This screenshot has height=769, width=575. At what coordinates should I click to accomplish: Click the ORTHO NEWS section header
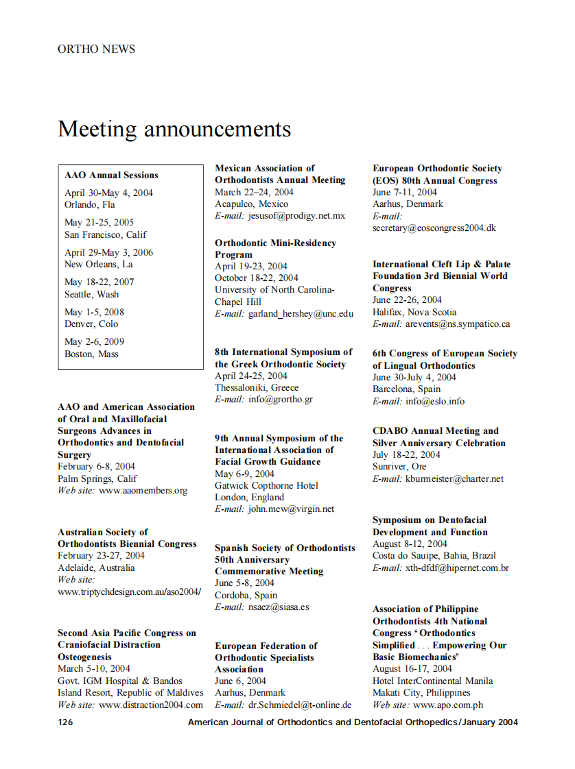97,49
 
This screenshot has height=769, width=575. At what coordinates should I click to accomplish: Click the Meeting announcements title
174,129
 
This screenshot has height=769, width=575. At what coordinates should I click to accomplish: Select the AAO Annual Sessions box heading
111,175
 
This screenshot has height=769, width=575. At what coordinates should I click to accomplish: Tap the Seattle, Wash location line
91,294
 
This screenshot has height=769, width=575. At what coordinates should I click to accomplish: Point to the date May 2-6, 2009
95,341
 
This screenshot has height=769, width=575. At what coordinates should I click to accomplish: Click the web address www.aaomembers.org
143,491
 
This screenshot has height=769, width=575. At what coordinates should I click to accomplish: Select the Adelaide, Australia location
96,567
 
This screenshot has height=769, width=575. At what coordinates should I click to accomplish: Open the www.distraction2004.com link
151,705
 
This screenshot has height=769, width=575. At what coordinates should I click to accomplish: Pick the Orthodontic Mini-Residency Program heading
275,249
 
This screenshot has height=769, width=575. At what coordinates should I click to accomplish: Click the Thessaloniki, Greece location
257,387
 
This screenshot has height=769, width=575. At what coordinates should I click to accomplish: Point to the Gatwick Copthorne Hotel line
266,485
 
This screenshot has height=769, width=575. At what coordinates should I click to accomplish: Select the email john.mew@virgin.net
291,509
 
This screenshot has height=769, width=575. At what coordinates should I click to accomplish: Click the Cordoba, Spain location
246,595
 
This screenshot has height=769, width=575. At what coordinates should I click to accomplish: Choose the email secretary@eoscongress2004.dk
434,228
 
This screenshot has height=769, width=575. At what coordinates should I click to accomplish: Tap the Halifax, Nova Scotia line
414,312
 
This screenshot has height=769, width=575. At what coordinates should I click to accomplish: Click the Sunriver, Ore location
399,467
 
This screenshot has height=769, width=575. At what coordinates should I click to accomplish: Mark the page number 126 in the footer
65,722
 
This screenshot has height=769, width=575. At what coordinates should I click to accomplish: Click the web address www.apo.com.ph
448,705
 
